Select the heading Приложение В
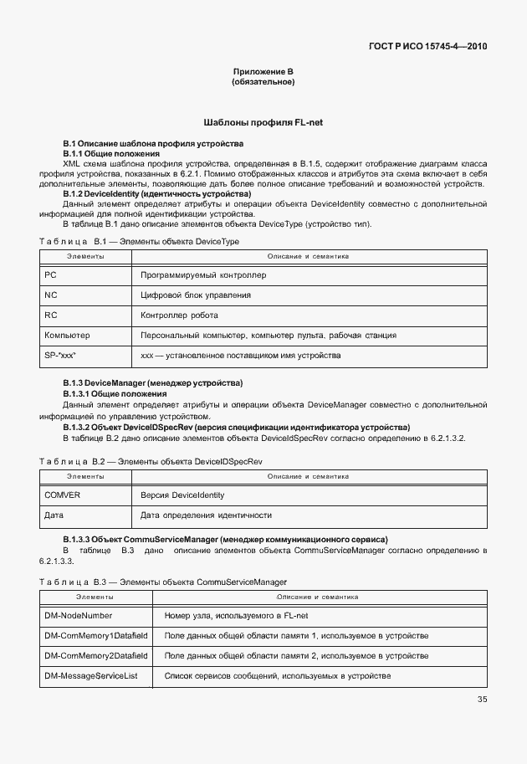[263, 73]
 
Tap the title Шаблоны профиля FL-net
[263, 122]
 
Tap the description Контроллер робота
[179, 315]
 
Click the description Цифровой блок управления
[196, 295]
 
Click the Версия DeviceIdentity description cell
[182, 495]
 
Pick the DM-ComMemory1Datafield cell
[95, 635]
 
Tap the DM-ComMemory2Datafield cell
[95, 655]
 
